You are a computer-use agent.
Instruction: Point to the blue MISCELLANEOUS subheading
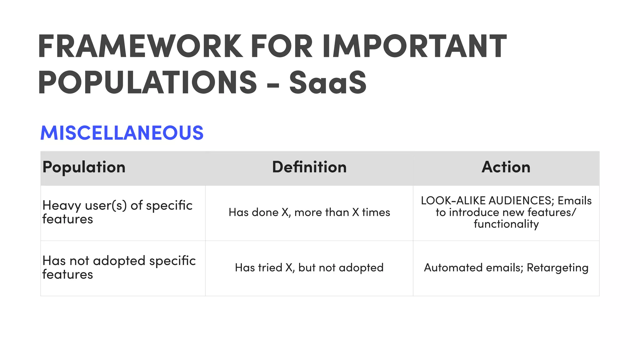(122, 132)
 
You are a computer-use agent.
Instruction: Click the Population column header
(84, 167)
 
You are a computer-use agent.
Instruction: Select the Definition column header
(309, 167)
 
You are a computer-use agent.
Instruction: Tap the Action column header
(506, 167)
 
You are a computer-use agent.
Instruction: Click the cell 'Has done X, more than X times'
(309, 212)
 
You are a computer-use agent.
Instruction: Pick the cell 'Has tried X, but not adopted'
(309, 268)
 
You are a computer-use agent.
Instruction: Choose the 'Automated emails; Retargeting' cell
(506, 268)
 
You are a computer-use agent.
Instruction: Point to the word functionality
(506, 224)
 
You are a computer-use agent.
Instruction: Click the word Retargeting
(557, 268)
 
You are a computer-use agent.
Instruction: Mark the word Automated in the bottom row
(449, 268)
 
